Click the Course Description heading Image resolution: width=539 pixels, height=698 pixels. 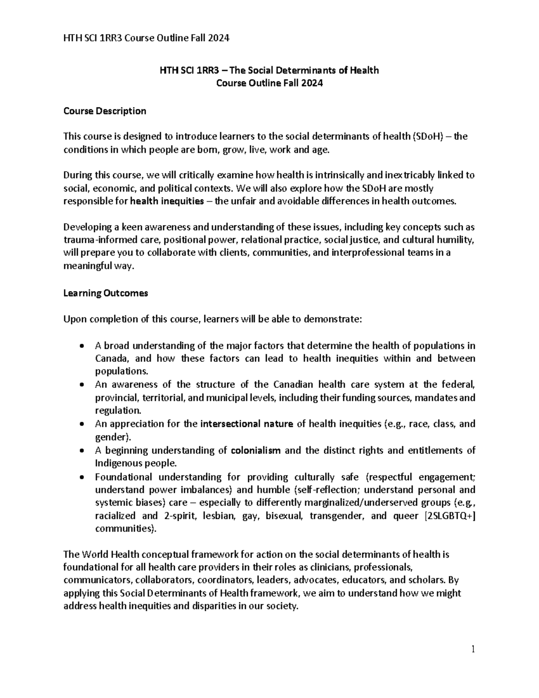coord(105,111)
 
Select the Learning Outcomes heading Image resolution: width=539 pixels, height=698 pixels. coord(106,293)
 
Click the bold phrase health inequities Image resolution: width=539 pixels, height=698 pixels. coord(167,201)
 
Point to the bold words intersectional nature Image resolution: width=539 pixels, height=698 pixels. coord(247,424)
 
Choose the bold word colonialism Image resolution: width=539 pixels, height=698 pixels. coord(256,450)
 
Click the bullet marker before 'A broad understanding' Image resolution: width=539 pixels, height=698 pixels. coord(81,346)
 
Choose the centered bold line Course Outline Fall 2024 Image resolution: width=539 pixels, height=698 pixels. coord(269,83)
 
